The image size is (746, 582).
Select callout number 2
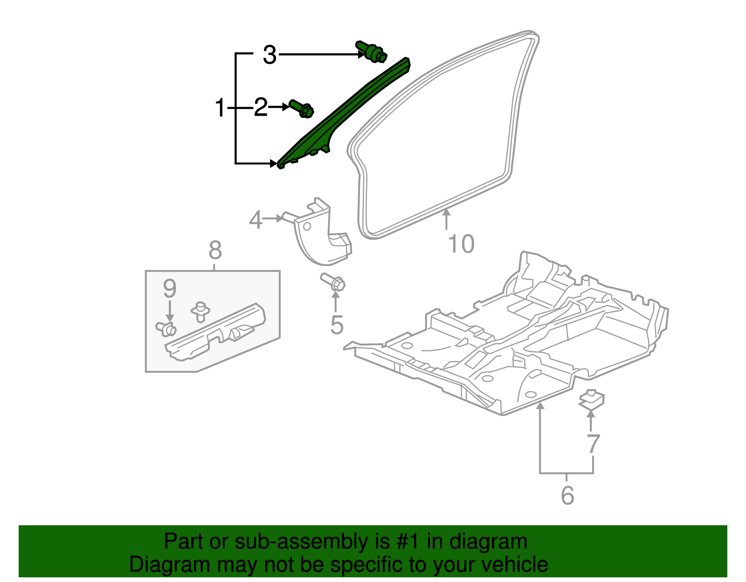point(261,108)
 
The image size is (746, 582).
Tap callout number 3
point(269,55)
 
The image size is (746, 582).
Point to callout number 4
point(256,220)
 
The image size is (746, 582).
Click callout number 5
point(337,325)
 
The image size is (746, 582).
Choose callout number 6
point(567,495)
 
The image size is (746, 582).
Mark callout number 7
point(593,444)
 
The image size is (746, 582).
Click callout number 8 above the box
point(215,251)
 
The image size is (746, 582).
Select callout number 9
point(169,289)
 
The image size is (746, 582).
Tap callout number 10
point(461,244)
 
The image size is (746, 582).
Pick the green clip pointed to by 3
point(371,52)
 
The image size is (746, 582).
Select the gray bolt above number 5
point(333,282)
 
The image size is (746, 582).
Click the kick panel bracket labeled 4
point(322,235)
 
